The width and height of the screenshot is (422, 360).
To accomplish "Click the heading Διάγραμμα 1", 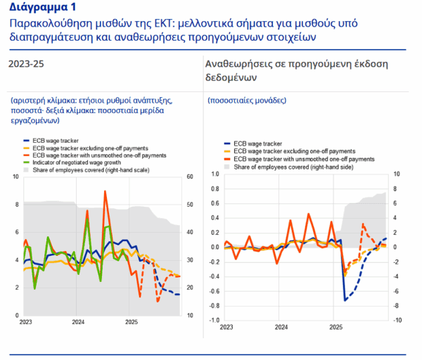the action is pos(42,7).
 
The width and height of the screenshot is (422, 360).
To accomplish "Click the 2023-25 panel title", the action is pos(26,64).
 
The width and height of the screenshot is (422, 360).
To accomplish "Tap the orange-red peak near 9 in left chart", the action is pos(105,191).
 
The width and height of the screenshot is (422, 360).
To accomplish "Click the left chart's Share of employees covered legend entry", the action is pos(87,170).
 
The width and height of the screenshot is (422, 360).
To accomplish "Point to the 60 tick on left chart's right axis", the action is pos(190,176).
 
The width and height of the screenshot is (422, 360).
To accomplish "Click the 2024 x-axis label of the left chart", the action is pos(78,322).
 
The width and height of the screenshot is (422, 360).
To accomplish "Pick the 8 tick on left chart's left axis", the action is pos(17,205).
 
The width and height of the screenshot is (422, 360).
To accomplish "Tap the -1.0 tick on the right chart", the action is pos(215,320).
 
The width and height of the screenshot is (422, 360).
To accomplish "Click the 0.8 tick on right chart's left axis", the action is pos(215,189).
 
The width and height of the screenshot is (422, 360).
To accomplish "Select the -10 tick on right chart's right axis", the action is pos(397,320).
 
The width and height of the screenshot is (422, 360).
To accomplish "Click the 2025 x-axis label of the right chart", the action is pos(336,327).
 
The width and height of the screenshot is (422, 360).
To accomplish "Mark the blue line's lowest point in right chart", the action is pos(345,300).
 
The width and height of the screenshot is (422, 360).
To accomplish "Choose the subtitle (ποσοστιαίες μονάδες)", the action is pos(247,101).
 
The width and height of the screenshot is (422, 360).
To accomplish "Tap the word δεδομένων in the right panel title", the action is pos(231,77).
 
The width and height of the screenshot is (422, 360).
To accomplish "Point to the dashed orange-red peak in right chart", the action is pos(363,224).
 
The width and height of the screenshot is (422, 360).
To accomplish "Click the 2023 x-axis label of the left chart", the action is pos(25,322).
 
